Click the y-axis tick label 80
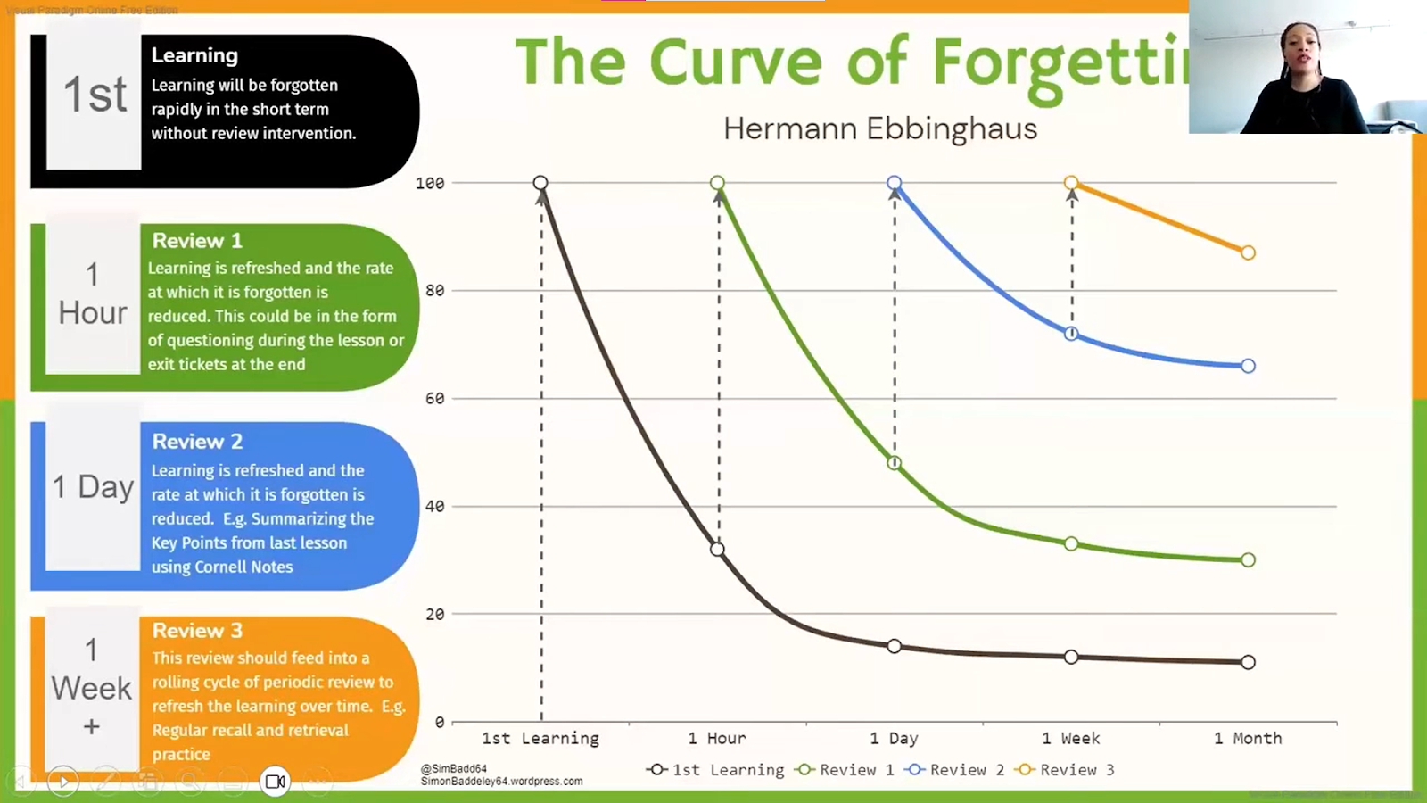434,291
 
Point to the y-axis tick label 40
434,507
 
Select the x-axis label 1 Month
1248,739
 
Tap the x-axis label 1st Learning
540,739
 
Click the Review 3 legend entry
1067,770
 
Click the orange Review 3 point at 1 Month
1248,253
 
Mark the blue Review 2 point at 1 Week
1071,334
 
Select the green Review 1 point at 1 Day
895,463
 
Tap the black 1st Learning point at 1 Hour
718,550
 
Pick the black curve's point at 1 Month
1248,662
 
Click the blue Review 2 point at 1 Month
1248,366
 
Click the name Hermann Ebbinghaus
880,129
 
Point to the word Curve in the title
735,62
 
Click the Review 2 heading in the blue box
197,442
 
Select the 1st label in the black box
95,95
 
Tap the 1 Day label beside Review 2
93,487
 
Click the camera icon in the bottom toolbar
275,782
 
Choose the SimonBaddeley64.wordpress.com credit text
501,782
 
